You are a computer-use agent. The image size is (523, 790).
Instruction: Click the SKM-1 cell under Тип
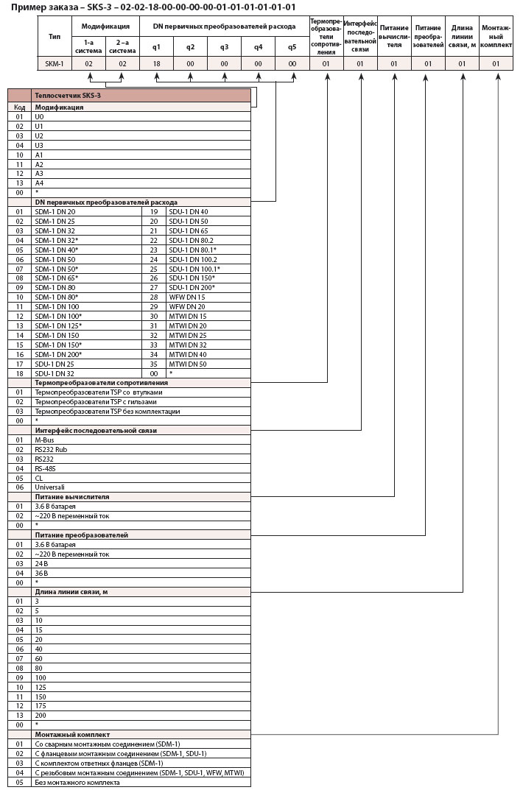click(55, 64)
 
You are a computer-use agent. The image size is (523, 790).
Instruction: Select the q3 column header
click(225, 47)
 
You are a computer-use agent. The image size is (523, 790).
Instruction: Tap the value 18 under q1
click(156, 64)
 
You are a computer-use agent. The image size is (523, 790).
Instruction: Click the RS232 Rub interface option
click(51, 449)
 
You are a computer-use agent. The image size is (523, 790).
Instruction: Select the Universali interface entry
click(50, 487)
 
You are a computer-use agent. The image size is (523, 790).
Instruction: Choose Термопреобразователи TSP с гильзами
click(96, 402)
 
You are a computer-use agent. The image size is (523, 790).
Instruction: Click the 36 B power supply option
click(41, 573)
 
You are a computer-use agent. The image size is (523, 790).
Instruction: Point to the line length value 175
click(41, 705)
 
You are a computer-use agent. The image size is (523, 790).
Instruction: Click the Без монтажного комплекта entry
click(77, 783)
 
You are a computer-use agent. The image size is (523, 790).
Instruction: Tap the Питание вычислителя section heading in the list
click(72, 497)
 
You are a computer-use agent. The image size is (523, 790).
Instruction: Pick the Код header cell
click(20, 107)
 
